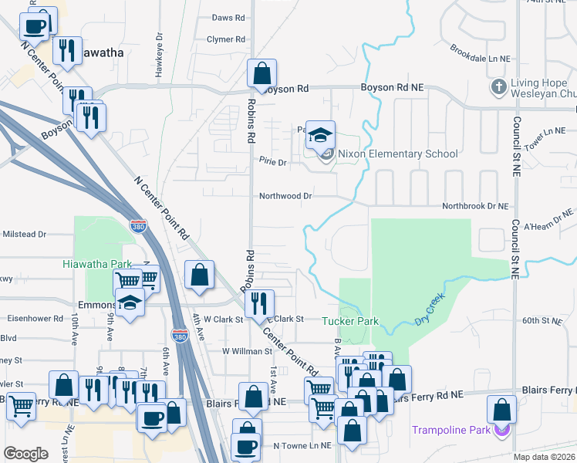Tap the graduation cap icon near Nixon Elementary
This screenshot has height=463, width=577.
pyautogui.click(x=320, y=137)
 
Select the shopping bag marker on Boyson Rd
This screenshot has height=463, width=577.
pyautogui.click(x=262, y=74)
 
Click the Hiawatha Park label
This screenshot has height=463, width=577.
pyautogui.click(x=97, y=264)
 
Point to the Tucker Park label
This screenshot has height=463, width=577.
pyautogui.click(x=349, y=320)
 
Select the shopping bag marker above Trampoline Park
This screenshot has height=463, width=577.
pyautogui.click(x=502, y=409)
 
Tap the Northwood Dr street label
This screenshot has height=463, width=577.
pyautogui.click(x=285, y=196)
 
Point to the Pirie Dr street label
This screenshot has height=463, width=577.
pyautogui.click(x=273, y=163)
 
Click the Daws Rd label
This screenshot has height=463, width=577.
pyautogui.click(x=228, y=17)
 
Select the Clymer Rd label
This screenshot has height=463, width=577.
pyautogui.click(x=226, y=39)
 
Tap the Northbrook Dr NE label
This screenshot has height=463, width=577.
pyautogui.click(x=475, y=207)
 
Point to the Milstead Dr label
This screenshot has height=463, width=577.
pyautogui.click(x=24, y=234)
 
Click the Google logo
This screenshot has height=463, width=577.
pyautogui.click(x=25, y=453)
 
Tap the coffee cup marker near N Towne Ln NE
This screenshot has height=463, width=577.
pyautogui.click(x=247, y=447)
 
